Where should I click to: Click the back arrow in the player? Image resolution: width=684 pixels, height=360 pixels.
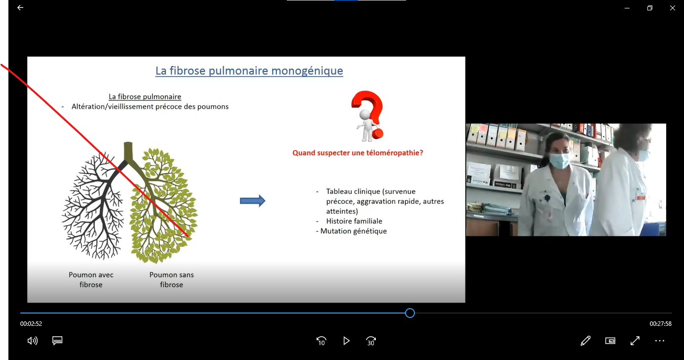click(x=20, y=7)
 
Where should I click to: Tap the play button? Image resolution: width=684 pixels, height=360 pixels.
click(x=346, y=341)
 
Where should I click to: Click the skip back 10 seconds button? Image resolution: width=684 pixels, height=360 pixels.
click(x=321, y=341)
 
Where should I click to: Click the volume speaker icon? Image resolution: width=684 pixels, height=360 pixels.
click(x=32, y=341)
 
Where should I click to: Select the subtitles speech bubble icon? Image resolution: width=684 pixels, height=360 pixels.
click(x=57, y=340)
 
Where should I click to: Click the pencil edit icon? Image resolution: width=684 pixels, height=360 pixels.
click(x=586, y=341)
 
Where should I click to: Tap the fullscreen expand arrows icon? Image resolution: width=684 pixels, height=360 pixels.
click(x=635, y=341)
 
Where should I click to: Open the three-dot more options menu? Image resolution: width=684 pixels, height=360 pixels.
click(x=660, y=341)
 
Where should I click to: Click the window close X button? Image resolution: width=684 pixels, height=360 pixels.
click(x=673, y=8)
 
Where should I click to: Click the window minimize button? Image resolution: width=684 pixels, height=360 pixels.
click(x=627, y=8)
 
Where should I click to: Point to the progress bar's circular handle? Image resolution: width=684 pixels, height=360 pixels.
click(x=410, y=313)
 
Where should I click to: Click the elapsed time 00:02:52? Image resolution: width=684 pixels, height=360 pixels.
click(x=31, y=324)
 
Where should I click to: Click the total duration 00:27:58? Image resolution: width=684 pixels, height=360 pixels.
click(x=660, y=324)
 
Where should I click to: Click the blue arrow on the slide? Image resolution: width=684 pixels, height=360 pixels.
click(x=253, y=201)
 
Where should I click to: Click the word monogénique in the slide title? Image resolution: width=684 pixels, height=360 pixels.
click(x=307, y=71)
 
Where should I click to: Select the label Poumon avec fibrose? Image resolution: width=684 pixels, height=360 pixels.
click(x=91, y=280)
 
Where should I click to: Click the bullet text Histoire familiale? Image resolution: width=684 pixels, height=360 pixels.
click(x=354, y=221)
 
